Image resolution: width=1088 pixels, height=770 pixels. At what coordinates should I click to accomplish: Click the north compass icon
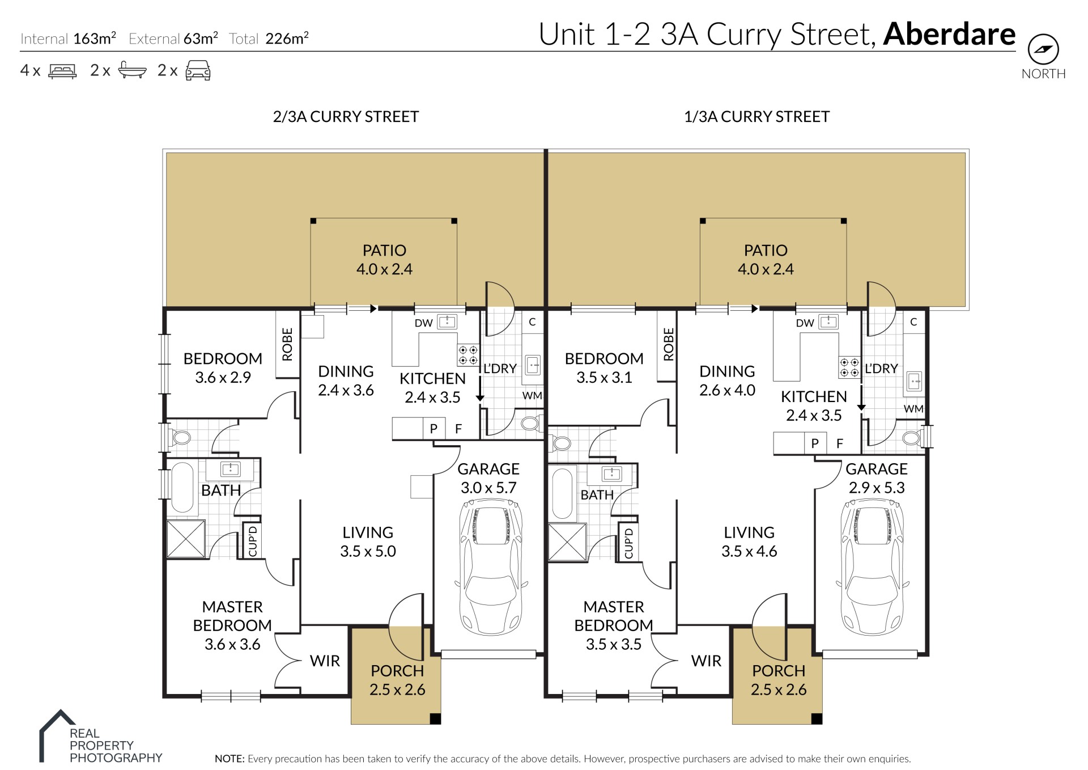[1043, 49]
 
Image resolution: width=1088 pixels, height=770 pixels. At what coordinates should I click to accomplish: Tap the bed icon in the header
[62, 71]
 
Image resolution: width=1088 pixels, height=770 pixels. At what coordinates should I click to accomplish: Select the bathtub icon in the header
[133, 70]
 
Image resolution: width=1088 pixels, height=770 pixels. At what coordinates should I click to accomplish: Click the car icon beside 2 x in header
[198, 70]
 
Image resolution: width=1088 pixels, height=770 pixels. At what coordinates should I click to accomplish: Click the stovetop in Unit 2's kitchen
[468, 356]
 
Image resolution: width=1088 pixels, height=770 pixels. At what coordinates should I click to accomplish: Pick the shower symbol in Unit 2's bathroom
[186, 539]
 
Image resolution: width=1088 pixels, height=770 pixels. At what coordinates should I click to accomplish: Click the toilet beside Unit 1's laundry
[912, 437]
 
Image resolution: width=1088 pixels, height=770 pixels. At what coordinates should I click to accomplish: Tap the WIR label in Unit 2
[325, 661]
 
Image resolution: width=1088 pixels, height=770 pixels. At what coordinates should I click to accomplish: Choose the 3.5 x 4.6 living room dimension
[749, 551]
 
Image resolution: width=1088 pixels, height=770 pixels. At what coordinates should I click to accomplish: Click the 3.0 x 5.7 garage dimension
[488, 488]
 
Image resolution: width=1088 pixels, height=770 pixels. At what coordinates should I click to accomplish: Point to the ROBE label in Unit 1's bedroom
[669, 344]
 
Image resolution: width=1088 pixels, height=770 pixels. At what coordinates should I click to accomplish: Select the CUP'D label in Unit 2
[253, 541]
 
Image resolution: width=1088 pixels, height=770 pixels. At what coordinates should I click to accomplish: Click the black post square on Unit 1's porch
[817, 719]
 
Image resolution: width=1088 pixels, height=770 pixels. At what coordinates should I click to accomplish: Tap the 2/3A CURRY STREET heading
[346, 117]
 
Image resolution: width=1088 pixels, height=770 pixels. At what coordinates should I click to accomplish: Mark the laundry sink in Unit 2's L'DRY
[533, 365]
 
